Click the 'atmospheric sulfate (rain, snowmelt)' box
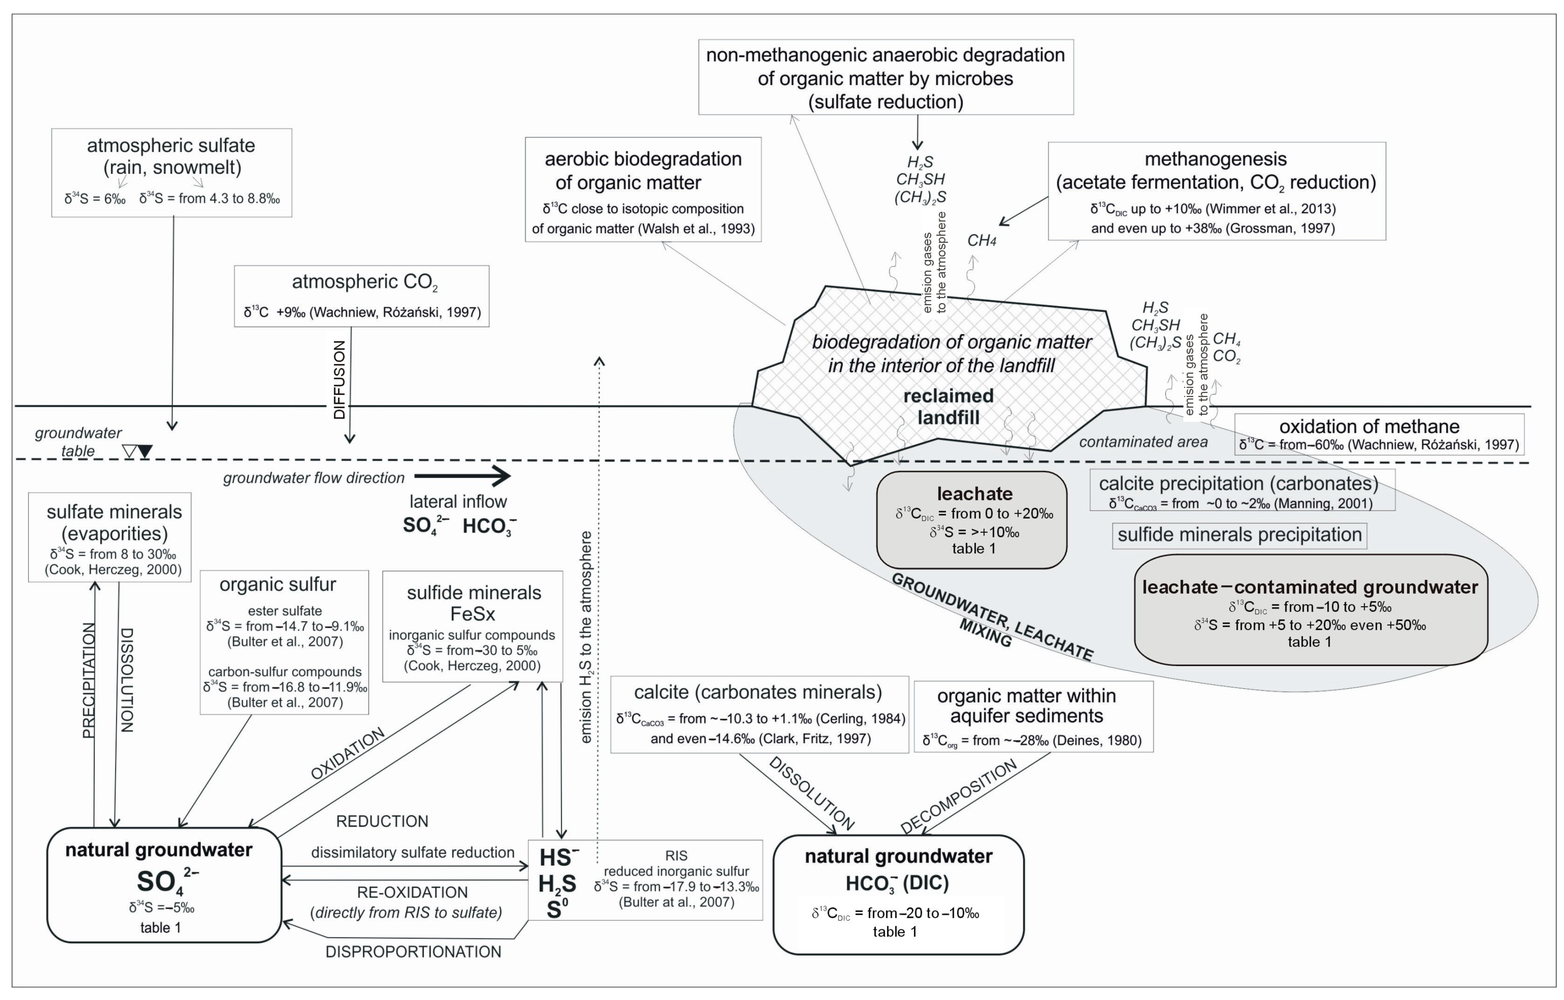[x=172, y=172]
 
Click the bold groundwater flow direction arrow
[x=463, y=476]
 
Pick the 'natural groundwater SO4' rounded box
[x=164, y=884]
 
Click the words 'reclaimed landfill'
[x=948, y=407]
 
